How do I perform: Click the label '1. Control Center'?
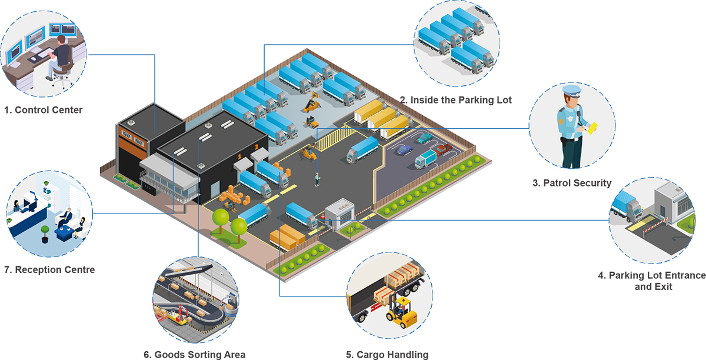pyautogui.click(x=43, y=110)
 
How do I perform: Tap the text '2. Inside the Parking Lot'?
pyautogui.click(x=456, y=100)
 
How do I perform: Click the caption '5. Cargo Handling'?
pyautogui.click(x=387, y=354)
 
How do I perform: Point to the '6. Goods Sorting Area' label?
pyautogui.click(x=194, y=354)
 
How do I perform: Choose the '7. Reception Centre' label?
pyautogui.click(x=49, y=270)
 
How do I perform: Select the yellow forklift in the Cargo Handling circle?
pyautogui.click(x=400, y=312)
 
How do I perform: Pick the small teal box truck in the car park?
pyautogui.click(x=425, y=159)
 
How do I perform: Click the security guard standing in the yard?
pyautogui.click(x=318, y=179)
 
